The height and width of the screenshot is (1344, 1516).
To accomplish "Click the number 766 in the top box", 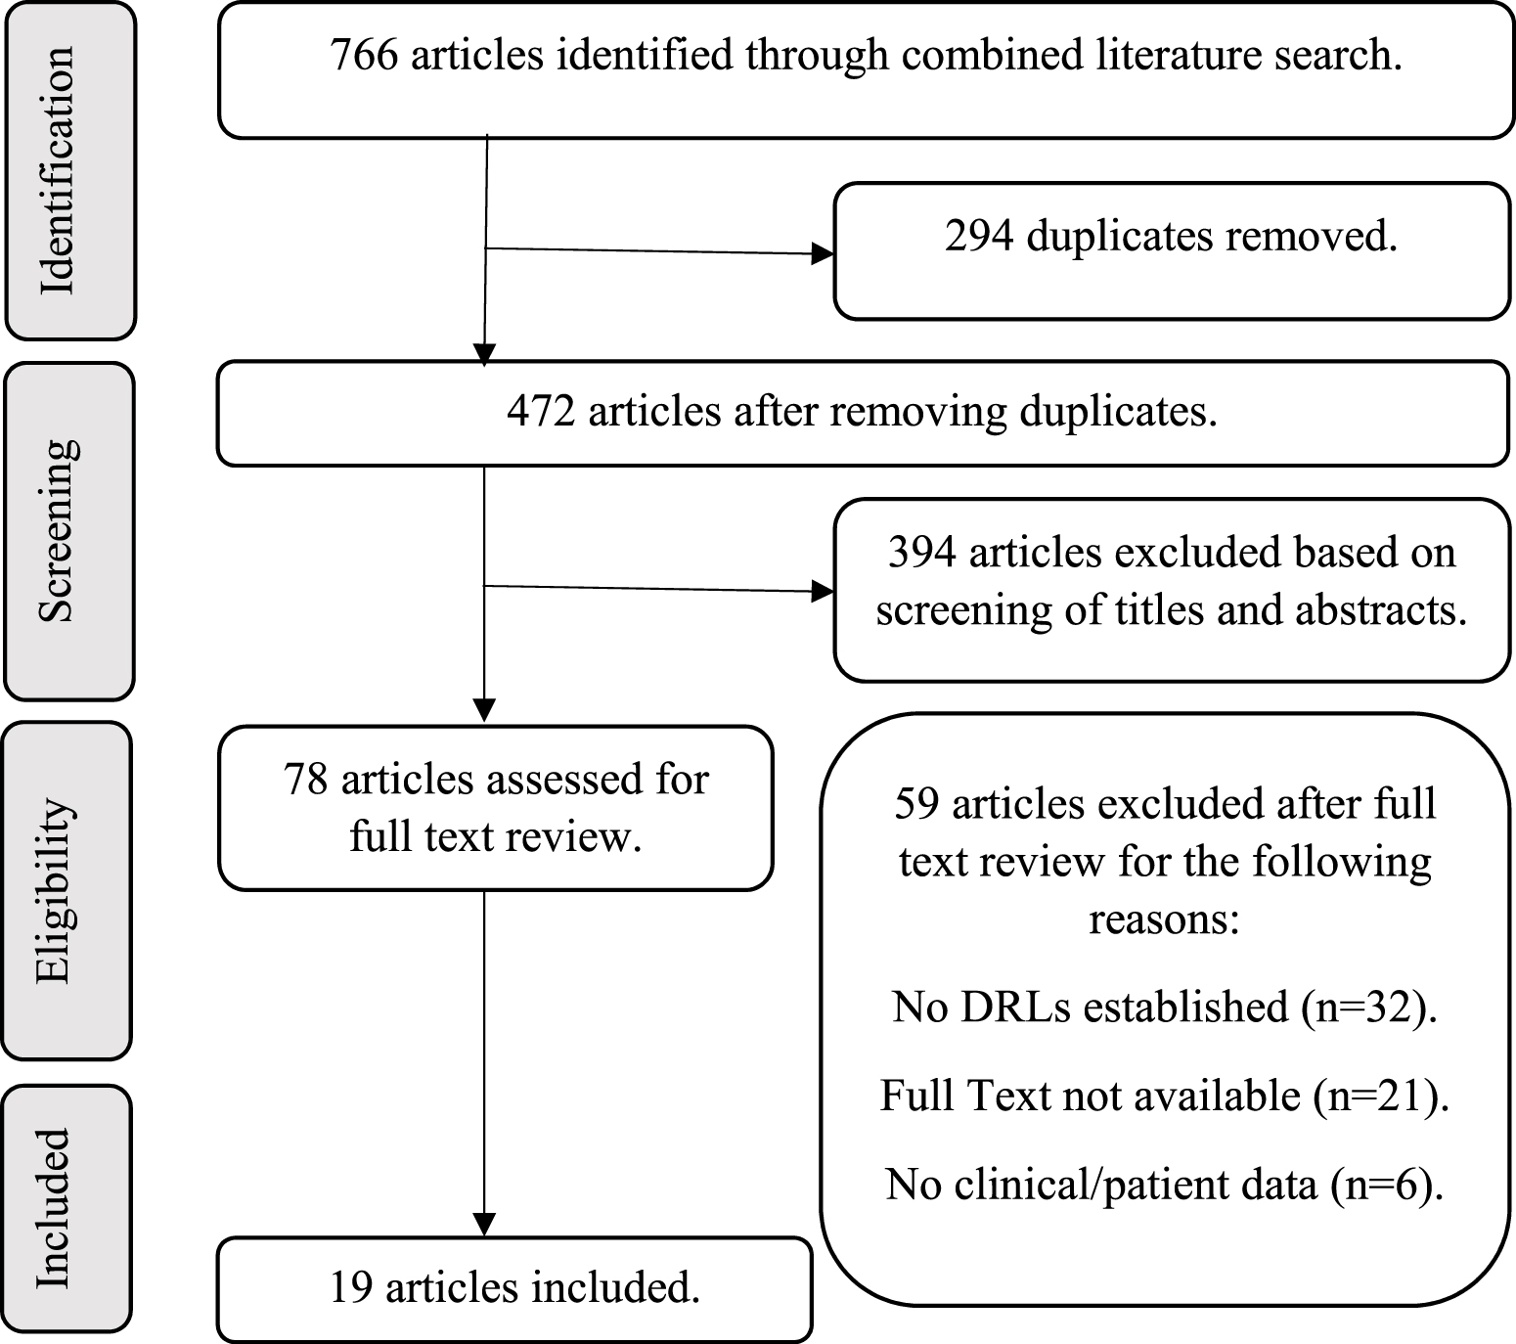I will pyautogui.click(x=364, y=55).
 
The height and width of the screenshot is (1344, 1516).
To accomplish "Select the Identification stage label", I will pyautogui.click(x=58, y=171).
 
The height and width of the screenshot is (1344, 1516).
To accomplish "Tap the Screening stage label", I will pyautogui.click(x=58, y=531).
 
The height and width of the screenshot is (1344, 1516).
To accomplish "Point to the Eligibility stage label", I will pyautogui.click(x=54, y=890).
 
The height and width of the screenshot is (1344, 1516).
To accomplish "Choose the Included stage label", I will pyautogui.click(x=54, y=1209).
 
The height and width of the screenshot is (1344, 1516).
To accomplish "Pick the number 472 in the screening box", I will pyautogui.click(x=540, y=411).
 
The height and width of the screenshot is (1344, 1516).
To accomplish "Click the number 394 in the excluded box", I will pyautogui.click(x=920, y=553).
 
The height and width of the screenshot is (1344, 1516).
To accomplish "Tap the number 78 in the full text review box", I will pyautogui.click(x=305, y=780).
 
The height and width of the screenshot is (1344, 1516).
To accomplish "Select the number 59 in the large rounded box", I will pyautogui.click(x=916, y=804).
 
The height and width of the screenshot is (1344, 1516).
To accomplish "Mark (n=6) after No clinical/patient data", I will pyautogui.click(x=1386, y=1185).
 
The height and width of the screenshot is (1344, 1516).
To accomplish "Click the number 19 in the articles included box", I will pyautogui.click(x=350, y=1287).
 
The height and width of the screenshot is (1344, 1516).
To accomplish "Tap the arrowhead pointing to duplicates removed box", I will pyautogui.click(x=825, y=254).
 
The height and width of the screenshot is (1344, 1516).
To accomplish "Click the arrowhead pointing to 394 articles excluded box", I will pyautogui.click(x=825, y=591).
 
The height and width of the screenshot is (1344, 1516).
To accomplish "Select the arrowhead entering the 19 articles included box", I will pyautogui.click(x=484, y=1225).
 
